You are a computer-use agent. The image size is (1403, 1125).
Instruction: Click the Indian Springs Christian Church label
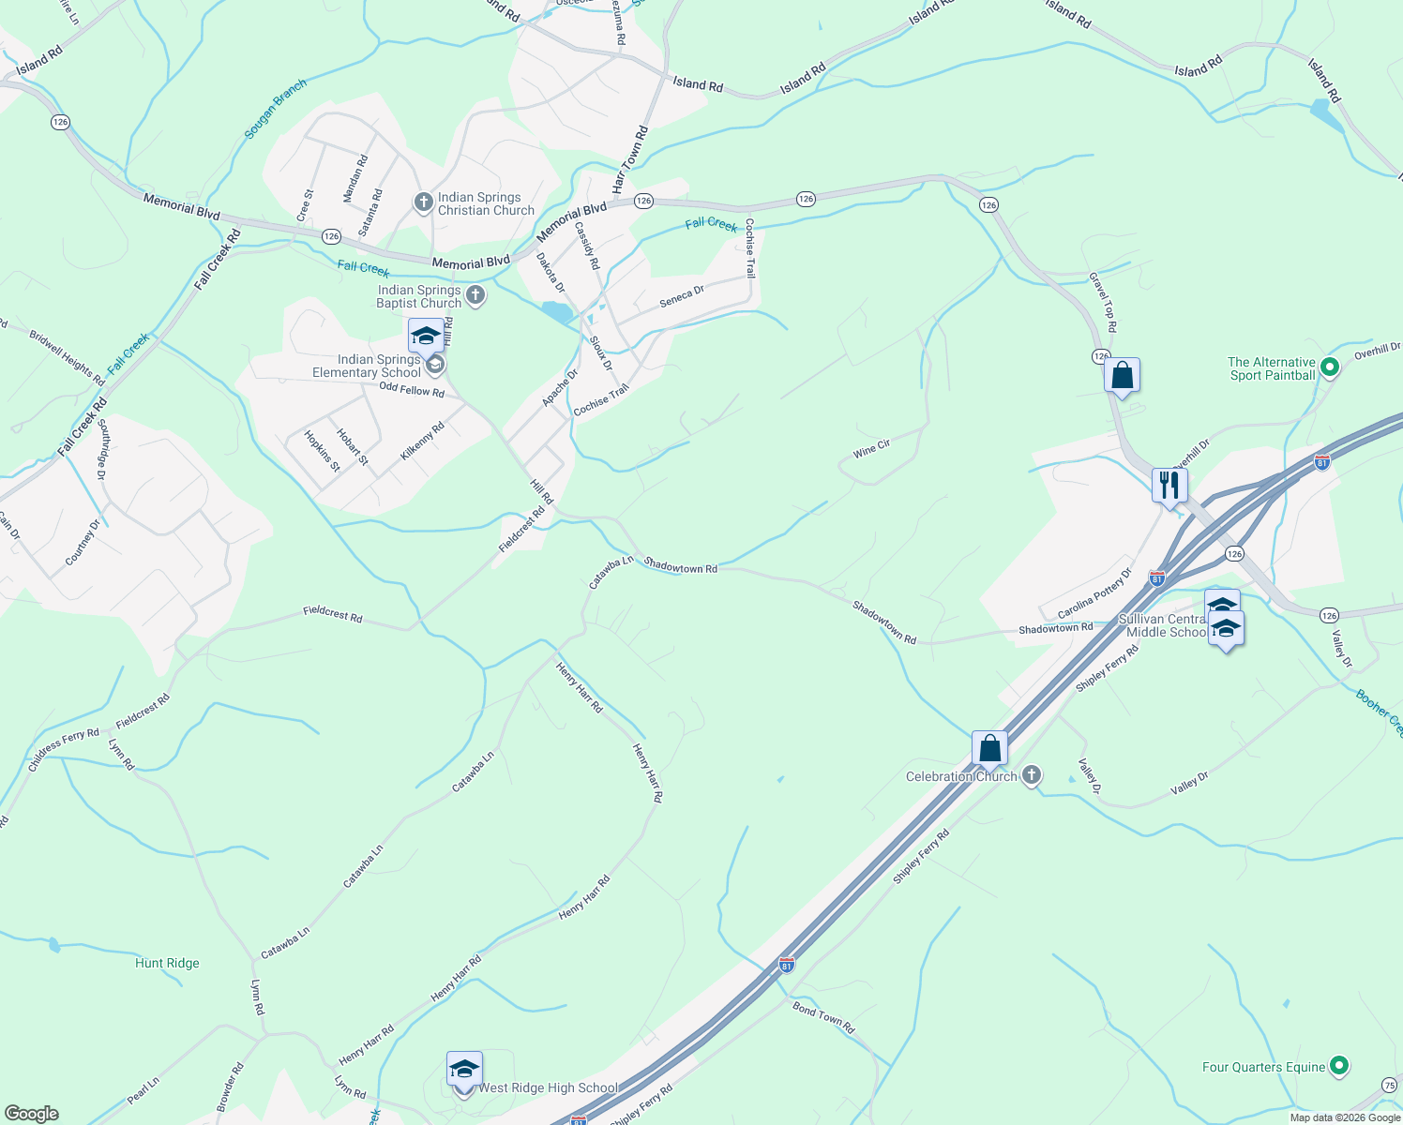486,203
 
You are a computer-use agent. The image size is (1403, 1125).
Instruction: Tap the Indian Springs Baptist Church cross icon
475,296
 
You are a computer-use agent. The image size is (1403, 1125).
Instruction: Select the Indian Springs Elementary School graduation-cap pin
426,336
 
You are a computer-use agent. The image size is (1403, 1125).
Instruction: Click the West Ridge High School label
549,1088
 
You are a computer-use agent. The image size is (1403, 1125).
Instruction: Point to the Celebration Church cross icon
1032,774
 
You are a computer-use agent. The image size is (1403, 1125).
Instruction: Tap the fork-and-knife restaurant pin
1169,486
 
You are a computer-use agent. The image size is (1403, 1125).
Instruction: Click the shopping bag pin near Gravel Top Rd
1122,376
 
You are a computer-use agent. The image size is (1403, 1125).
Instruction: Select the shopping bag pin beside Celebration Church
989,749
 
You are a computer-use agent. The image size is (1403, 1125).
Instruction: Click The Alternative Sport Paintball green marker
1329,367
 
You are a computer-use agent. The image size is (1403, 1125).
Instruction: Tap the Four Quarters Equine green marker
1340,1066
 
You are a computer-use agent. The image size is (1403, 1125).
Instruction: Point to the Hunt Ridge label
167,964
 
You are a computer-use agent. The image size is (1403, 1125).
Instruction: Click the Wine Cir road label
871,450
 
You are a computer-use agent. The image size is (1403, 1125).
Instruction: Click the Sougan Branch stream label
276,109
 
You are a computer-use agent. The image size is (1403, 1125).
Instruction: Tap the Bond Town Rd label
823,1017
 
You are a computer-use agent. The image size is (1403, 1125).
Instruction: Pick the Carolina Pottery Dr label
1095,592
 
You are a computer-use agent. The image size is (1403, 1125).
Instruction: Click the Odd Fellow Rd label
412,390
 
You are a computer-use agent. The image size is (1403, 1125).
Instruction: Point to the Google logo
32,1114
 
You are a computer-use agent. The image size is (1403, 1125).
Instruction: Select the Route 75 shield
1389,1085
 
